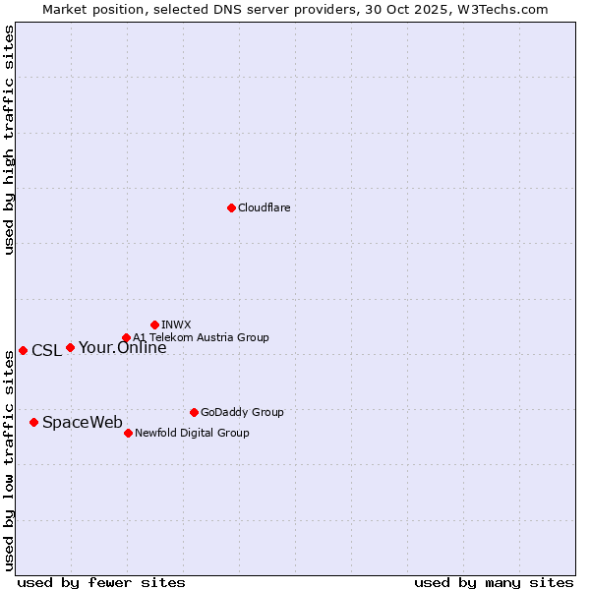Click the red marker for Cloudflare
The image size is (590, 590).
click(x=231, y=207)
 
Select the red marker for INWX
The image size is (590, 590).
click(x=154, y=324)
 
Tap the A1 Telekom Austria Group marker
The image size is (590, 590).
click(x=126, y=338)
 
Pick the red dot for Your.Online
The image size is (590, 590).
click(x=70, y=347)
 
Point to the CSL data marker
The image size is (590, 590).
click(x=23, y=350)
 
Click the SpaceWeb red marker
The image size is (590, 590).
click(x=33, y=422)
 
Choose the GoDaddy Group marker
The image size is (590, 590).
click(x=194, y=412)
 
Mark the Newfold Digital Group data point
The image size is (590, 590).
click(x=128, y=433)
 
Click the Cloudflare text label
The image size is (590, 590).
click(x=264, y=207)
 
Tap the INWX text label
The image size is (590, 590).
click(x=176, y=324)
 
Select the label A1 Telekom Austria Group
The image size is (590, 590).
click(x=201, y=337)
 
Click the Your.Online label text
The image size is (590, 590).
click(x=122, y=347)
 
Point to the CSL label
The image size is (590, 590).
click(x=46, y=350)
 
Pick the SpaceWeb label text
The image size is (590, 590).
click(x=83, y=422)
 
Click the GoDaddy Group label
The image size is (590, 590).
click(x=242, y=412)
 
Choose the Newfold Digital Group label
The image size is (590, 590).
click(x=192, y=433)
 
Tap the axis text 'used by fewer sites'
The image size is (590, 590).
click(x=101, y=582)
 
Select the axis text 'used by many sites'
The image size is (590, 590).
click(x=494, y=582)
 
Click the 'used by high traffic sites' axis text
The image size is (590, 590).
click(x=9, y=140)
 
